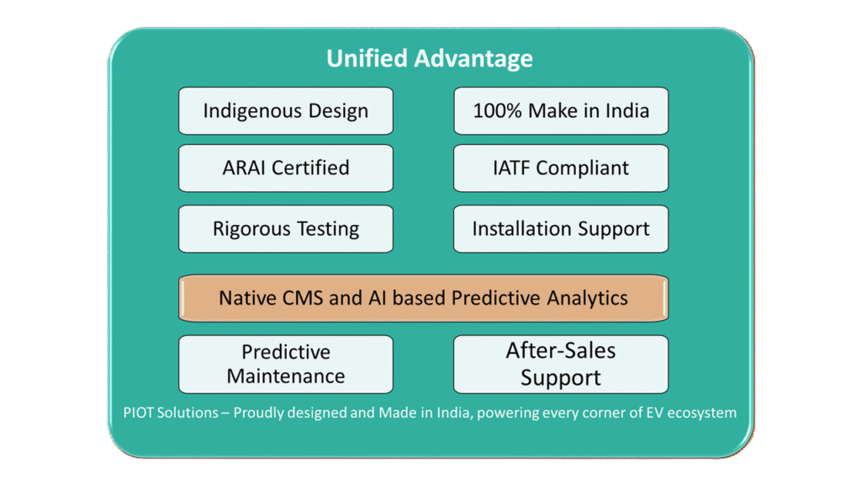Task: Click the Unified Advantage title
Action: coord(430,58)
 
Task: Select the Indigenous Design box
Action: coord(286,110)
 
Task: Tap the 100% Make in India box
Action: coord(561,110)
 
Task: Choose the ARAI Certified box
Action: coord(286,168)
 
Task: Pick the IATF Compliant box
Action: coord(561,168)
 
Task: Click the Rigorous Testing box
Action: coord(286,229)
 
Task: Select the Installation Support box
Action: coord(561,229)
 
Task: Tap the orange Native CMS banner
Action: coord(424,298)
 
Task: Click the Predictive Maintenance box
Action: coord(286,364)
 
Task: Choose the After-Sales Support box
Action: coord(561,364)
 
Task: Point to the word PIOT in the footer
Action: coord(139,413)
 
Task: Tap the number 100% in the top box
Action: coord(497,110)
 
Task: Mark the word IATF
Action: coord(511,168)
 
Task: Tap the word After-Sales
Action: coord(561,350)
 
